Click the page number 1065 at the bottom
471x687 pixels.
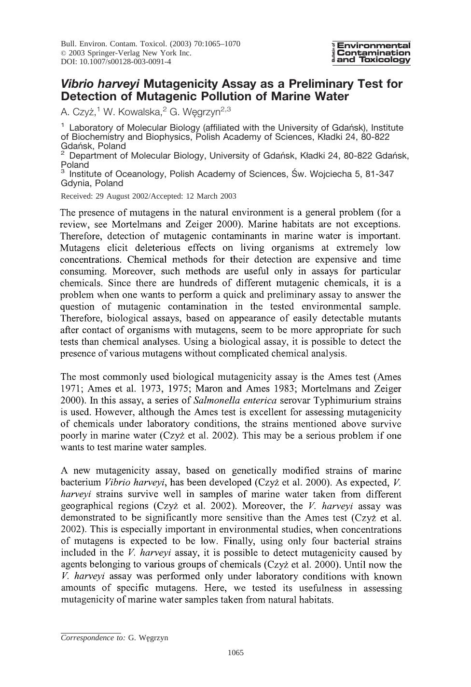235,653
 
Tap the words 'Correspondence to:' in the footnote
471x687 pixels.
93,637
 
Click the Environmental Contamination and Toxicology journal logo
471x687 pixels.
372,53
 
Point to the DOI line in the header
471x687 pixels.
116,62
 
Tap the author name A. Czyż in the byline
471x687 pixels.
78,112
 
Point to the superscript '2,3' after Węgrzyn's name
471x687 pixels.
225,109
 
